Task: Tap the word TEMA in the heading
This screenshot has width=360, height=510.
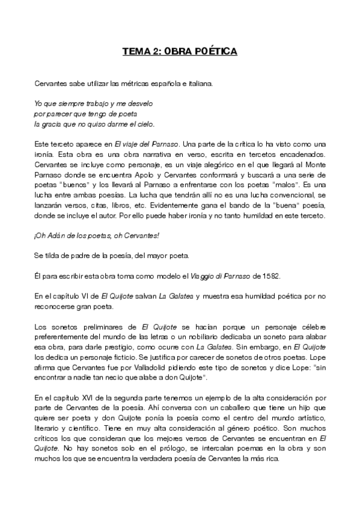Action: coord(134,52)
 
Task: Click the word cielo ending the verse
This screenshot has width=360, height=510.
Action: coord(144,124)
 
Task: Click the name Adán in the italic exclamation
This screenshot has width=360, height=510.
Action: coord(57,238)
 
